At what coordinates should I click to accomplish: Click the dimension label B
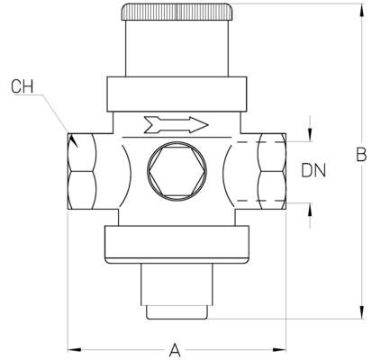click(x=361, y=156)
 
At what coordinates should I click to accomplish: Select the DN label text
click(x=313, y=168)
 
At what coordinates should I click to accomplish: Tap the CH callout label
click(x=24, y=86)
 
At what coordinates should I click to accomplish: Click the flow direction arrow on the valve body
click(x=177, y=123)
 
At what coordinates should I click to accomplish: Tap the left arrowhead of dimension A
click(x=74, y=347)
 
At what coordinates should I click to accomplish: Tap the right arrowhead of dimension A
click(x=278, y=347)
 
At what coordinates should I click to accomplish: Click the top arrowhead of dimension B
click(x=360, y=10)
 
